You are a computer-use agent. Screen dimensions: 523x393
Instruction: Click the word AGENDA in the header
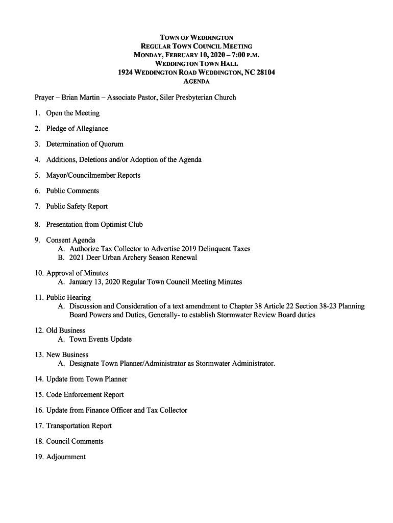(196, 82)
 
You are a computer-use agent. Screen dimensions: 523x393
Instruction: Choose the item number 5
(37, 175)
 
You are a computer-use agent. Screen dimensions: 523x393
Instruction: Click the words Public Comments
(72, 191)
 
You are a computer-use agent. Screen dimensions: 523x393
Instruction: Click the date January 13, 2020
(95, 282)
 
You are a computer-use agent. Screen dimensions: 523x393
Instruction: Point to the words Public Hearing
(68, 297)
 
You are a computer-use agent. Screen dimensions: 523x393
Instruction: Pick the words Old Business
(66, 330)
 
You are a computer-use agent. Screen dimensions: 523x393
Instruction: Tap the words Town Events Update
(101, 340)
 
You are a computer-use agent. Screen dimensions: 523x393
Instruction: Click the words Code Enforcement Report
(85, 395)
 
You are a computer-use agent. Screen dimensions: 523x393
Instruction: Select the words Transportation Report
(79, 426)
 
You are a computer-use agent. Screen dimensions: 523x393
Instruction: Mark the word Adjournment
(66, 457)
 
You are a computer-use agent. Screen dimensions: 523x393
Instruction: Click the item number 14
(39, 379)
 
